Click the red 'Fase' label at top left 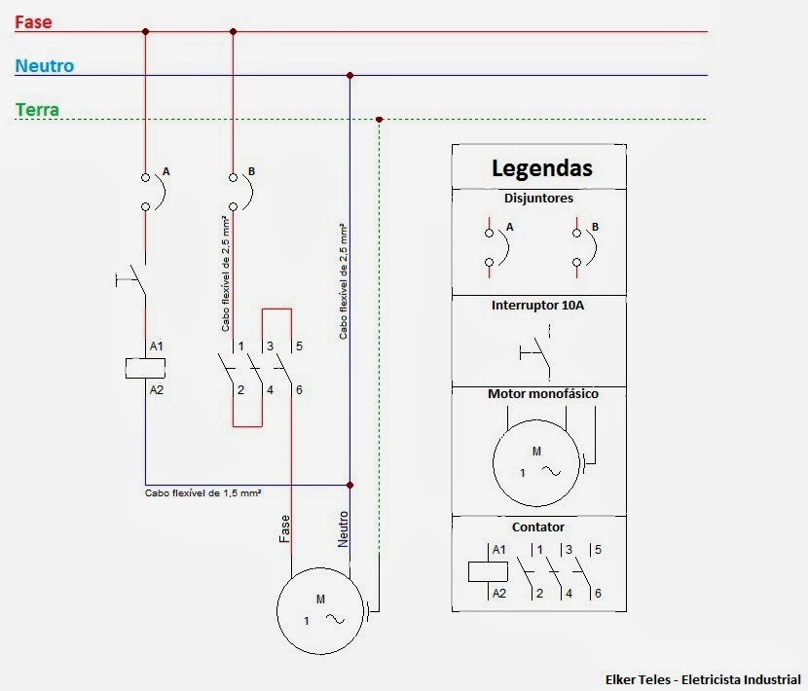pos(33,20)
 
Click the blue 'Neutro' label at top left pos(44,66)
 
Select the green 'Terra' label pos(38,110)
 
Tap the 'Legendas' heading pos(541,166)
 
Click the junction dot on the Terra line pos(379,120)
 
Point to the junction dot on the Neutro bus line pos(349,75)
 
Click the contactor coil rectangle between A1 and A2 pos(145,368)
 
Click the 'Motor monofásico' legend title pos(542,394)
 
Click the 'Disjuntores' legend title pos(538,198)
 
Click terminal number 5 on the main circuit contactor pos(298,345)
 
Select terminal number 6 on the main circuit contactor pos(298,390)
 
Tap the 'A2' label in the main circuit pos(157,389)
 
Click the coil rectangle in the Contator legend pos(481,571)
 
